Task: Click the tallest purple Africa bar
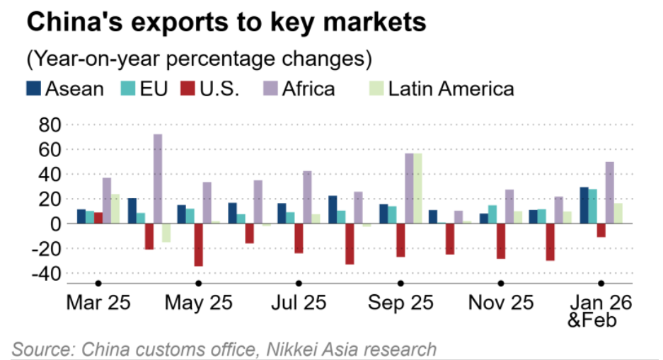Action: coord(158,179)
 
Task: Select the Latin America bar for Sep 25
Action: coord(417,188)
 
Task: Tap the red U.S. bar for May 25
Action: coord(199,245)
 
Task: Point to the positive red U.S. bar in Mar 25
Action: coord(98,218)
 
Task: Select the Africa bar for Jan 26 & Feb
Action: coord(610,192)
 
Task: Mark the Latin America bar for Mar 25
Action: coord(115,209)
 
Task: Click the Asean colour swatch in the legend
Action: coord(33,88)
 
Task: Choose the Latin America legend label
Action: coord(451,88)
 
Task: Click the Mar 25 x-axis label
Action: coord(98,303)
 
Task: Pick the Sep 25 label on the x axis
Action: coord(400,303)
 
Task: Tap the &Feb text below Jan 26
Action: coord(592,320)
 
